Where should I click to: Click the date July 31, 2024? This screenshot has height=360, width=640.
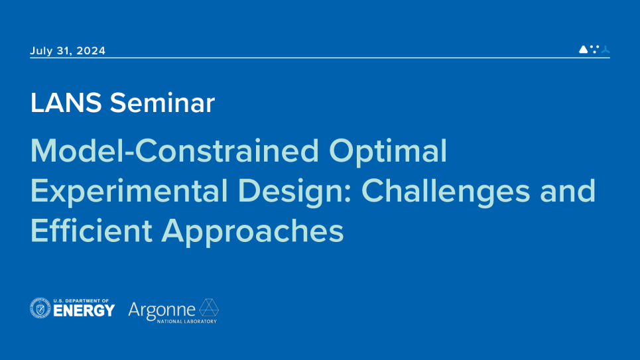point(68,50)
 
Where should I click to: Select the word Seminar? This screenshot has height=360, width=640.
point(162,103)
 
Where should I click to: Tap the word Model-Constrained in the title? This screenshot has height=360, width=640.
point(174,150)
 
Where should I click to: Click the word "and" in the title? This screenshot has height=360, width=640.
point(568,191)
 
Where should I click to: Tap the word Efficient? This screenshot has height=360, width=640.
point(92,231)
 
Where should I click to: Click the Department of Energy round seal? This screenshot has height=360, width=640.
point(40,308)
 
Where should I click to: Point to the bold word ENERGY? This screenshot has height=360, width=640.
point(84,311)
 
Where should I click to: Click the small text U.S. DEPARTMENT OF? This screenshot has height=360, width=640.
point(81,301)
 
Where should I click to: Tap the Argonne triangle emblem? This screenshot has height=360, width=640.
point(209,308)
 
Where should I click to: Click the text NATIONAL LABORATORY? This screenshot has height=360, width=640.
point(187,322)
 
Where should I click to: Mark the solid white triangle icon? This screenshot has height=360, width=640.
point(584,49)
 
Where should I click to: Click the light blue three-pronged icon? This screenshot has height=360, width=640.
point(606,49)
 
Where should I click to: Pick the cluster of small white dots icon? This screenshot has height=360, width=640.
point(595,49)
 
